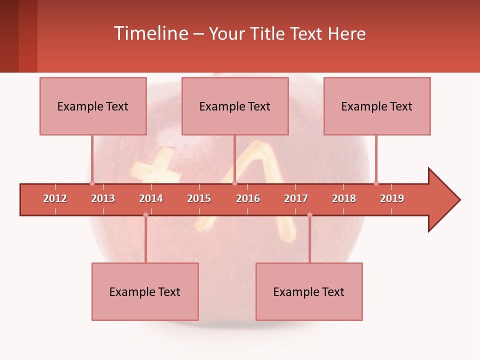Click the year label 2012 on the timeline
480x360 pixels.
55,198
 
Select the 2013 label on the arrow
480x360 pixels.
103,198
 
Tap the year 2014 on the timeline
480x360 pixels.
151,198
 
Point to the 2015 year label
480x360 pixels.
199,198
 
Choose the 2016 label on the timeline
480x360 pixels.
248,198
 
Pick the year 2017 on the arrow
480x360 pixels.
296,198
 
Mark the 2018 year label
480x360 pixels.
344,198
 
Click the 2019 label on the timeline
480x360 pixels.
392,198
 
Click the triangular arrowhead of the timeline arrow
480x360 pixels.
443,200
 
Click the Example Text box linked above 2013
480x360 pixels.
93,106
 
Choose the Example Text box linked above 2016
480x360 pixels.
235,106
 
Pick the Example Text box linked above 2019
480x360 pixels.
377,106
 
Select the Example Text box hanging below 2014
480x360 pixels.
145,291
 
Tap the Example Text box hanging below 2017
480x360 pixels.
309,291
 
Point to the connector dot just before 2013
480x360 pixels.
92,183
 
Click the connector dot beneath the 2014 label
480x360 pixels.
145,215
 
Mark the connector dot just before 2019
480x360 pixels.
376,183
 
